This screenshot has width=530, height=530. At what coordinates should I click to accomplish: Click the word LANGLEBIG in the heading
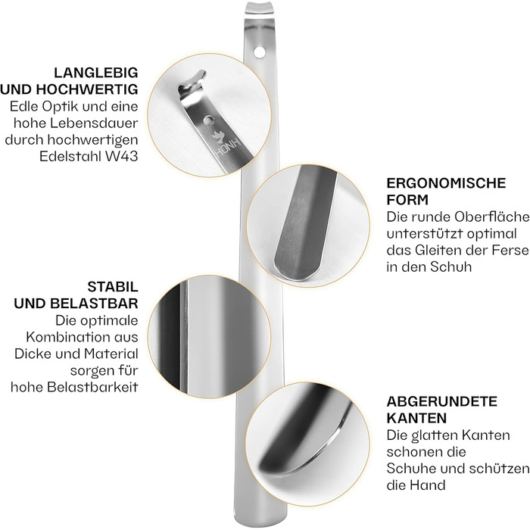coord(96,73)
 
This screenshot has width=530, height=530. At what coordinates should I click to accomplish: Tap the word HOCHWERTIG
coord(87,89)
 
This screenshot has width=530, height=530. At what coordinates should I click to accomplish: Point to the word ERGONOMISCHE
coord(446,183)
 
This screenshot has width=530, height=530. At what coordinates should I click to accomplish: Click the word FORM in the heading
coord(407,200)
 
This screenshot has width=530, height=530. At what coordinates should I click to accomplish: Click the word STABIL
coord(113,287)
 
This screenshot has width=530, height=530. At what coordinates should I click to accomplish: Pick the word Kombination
coord(63,337)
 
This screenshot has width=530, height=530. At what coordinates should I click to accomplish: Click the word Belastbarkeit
coord(92,387)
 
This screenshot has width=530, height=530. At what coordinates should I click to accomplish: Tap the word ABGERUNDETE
coord(442,401)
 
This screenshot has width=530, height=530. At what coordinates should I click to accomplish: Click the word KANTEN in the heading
coord(416,418)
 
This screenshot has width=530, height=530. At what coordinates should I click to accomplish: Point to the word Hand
coord(427,485)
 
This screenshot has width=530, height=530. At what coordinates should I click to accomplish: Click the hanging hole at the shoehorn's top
coord(260,52)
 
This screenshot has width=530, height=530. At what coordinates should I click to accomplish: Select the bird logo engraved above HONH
coord(217,136)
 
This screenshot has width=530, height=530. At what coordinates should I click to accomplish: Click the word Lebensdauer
coord(94,123)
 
